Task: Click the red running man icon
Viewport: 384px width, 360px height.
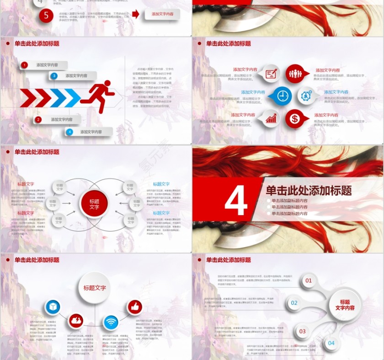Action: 98,96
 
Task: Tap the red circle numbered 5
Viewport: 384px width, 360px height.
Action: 46,15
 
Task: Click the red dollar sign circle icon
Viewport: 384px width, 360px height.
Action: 295,119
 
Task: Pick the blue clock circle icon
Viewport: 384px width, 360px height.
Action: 283,96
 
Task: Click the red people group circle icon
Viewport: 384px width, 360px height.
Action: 295,73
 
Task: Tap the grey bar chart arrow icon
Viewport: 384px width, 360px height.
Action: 272,119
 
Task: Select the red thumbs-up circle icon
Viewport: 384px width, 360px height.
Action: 134,307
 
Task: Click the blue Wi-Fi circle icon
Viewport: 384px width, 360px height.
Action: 111,323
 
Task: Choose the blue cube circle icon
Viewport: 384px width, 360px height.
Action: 53,307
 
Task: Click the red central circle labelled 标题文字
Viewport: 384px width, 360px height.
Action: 94,204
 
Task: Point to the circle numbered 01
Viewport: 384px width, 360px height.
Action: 309,281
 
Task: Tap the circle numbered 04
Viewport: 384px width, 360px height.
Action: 331,343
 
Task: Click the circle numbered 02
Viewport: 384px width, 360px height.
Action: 294,302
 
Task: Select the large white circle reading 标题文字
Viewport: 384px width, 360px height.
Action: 95,288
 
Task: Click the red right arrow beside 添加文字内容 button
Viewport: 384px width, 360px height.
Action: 136,14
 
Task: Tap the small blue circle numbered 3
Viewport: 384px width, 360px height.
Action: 54,76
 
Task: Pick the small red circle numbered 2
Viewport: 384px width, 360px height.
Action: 38,120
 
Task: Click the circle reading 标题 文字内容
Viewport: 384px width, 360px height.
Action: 345,305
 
